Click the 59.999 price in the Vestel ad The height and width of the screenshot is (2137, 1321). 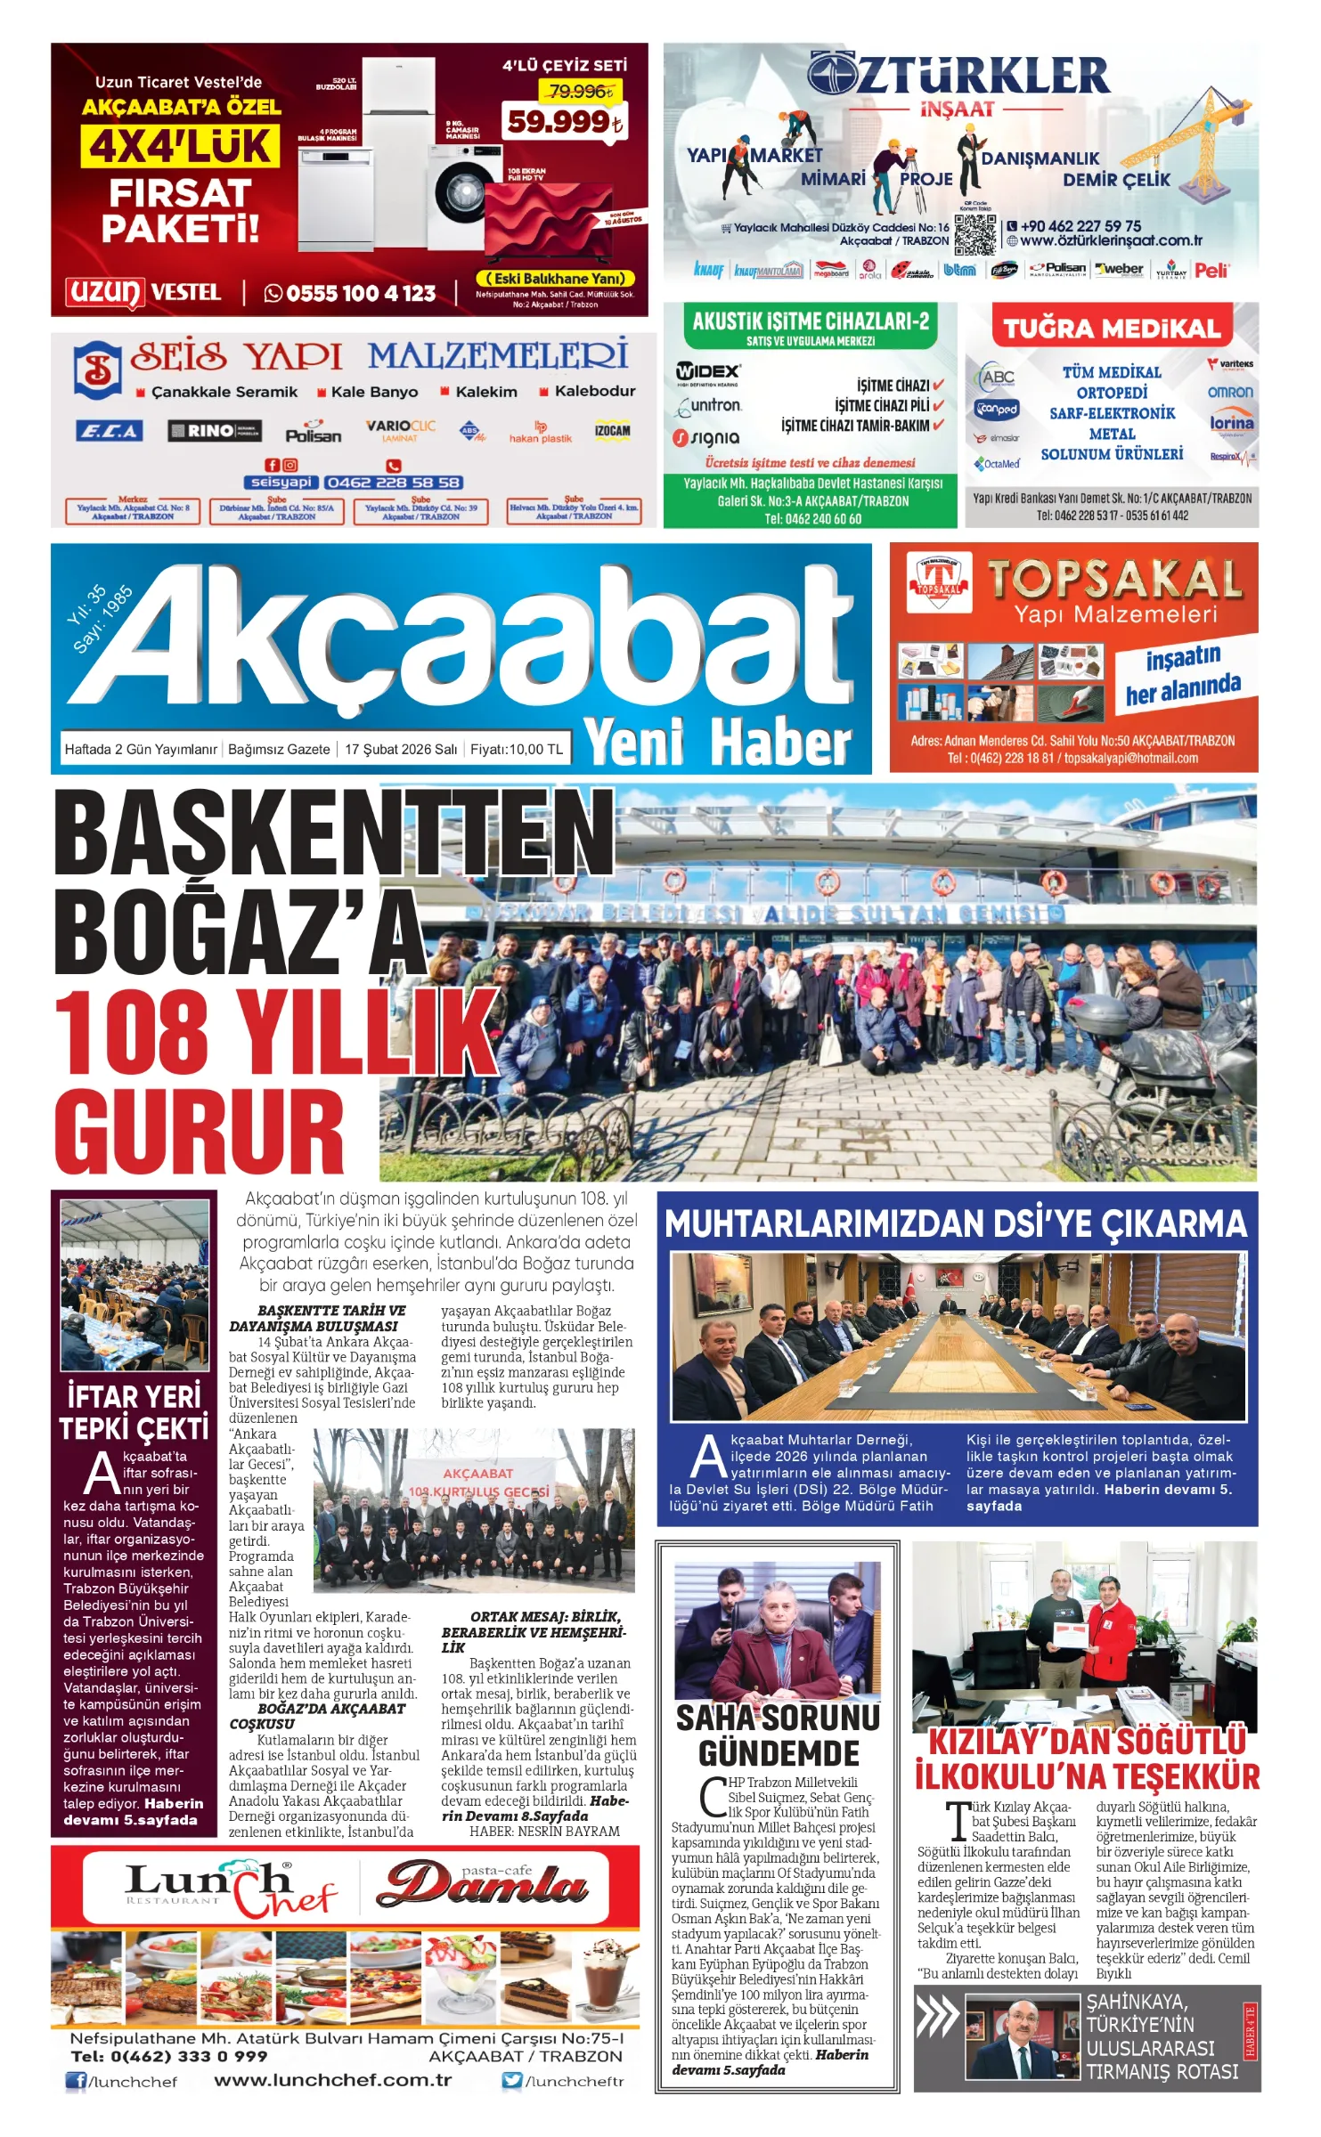(x=563, y=122)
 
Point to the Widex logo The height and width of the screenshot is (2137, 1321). (x=708, y=371)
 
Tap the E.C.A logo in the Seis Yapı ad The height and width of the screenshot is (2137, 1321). (x=109, y=432)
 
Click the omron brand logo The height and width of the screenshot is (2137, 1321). (x=1229, y=392)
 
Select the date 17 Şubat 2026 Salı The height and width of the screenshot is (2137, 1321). (x=401, y=749)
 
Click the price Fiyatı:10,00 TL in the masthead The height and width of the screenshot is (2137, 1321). (x=517, y=749)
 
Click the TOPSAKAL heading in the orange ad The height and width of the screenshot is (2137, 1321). (x=1114, y=580)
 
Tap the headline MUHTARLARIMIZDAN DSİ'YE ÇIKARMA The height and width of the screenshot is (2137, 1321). (x=956, y=1223)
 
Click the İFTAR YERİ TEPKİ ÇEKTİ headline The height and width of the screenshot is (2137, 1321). (x=134, y=1412)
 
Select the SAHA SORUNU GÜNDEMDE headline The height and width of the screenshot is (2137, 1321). (x=778, y=1737)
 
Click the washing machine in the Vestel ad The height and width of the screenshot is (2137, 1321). (x=461, y=196)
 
